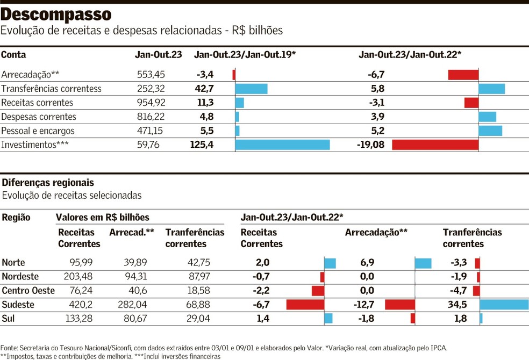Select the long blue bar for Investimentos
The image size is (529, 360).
pos(282,145)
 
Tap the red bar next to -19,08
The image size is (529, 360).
pos(435,145)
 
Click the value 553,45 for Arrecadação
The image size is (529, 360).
pos(151,75)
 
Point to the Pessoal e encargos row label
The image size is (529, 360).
pos(38,131)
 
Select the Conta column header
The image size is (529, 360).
pos(13,55)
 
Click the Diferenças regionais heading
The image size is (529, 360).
pos(48,183)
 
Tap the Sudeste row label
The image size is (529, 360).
pos(18,305)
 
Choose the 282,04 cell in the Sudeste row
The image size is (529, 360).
pos(132,305)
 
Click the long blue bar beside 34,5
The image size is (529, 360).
pos(504,305)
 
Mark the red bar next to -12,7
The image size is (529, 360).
pos(400,305)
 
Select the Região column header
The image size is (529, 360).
pos(16,218)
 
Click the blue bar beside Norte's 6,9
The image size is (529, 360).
pos(423,263)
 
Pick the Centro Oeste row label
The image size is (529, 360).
pos(28,291)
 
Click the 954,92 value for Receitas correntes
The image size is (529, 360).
pos(151,103)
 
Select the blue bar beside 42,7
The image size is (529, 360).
pos(251,89)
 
